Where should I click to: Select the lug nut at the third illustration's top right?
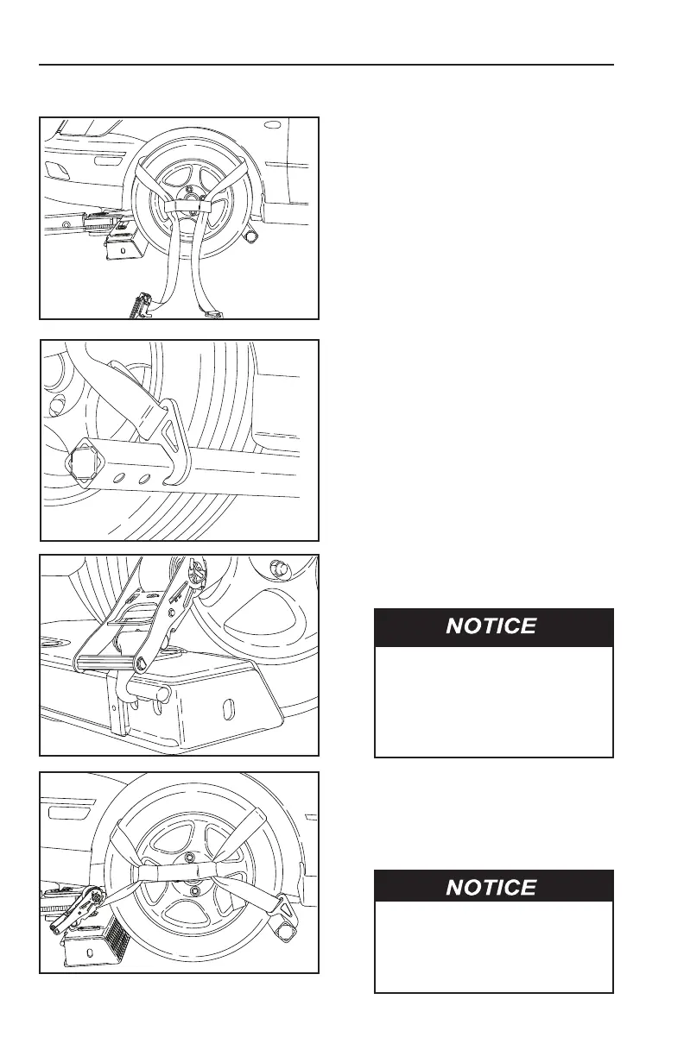tap(278, 567)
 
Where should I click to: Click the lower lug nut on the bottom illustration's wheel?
tap(194, 890)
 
